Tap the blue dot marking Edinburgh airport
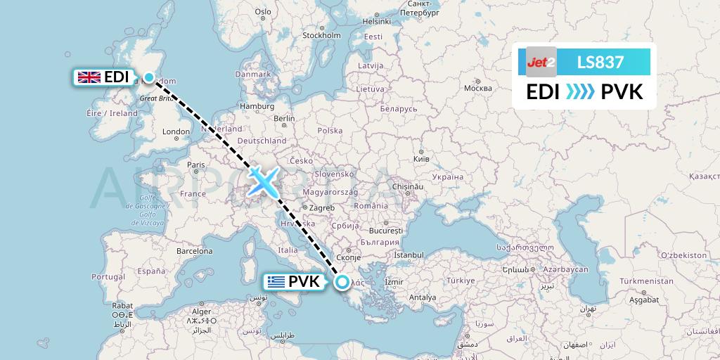click(149, 77)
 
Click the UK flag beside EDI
click(89, 77)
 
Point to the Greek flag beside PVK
click(276, 283)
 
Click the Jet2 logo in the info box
click(541, 62)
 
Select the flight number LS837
click(600, 62)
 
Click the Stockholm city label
click(321, 36)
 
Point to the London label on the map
click(176, 131)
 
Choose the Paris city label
click(195, 165)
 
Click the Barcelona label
click(194, 250)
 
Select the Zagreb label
click(321, 207)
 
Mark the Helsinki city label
click(376, 21)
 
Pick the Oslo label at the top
click(263, 11)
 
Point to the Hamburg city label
click(257, 106)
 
